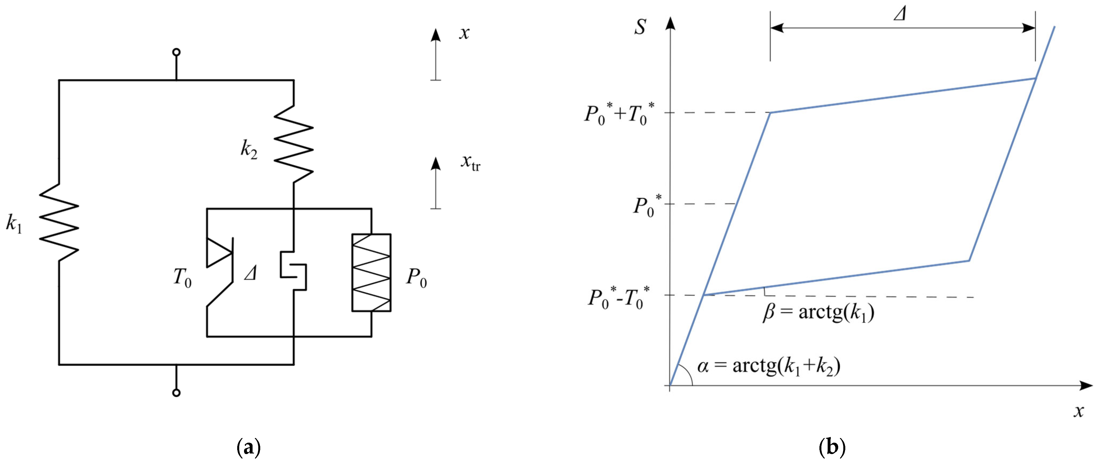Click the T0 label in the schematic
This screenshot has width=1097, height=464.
(x=182, y=277)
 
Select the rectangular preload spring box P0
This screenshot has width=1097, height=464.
(x=371, y=272)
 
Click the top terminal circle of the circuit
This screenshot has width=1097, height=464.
(x=176, y=52)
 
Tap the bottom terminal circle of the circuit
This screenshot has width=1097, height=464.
(x=176, y=392)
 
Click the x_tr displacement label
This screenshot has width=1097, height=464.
(x=470, y=163)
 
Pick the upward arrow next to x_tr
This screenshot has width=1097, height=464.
(x=435, y=183)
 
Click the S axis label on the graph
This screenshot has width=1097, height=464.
(x=640, y=26)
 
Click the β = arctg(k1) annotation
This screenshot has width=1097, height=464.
(x=818, y=312)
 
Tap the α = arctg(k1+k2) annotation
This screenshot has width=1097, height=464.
(x=769, y=366)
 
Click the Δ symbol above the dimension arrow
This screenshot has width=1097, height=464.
(x=900, y=14)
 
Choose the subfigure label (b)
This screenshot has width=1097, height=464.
(x=832, y=448)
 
